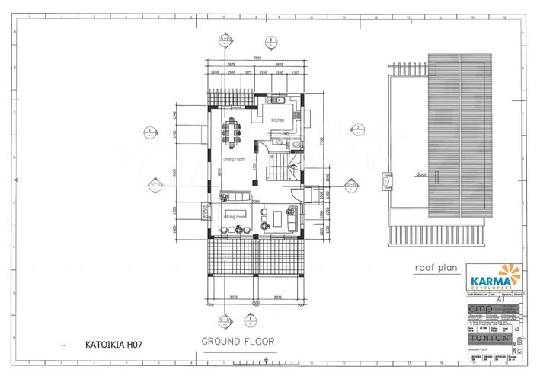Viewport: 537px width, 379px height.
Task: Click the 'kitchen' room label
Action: tap(277, 120)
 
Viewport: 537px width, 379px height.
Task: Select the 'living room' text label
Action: tap(235, 217)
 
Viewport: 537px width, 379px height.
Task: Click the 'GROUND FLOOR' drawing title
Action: tap(238, 342)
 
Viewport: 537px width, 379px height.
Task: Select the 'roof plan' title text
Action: tap(433, 268)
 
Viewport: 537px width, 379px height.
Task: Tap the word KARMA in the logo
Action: tap(485, 281)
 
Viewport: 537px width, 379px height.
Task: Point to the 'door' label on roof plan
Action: tap(420, 174)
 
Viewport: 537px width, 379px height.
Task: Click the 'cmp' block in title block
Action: tap(481, 309)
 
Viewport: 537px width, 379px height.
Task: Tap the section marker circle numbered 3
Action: tap(270, 40)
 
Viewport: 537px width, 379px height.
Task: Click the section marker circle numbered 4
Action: tap(152, 131)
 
